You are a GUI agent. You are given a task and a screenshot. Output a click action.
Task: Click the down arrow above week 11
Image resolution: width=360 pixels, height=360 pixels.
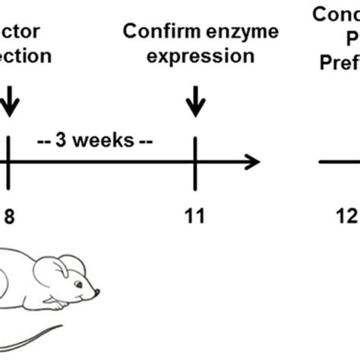[x=195, y=101]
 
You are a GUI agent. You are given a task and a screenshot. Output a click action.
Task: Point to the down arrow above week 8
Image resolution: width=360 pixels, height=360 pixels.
[x=9, y=101]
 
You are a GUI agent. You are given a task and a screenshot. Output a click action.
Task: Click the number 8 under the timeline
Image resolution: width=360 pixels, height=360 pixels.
[x=9, y=216]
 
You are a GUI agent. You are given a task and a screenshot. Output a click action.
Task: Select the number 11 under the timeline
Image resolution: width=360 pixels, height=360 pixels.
[x=195, y=216]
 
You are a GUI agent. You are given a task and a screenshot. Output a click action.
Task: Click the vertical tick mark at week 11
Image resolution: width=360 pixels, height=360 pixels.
[x=195, y=162]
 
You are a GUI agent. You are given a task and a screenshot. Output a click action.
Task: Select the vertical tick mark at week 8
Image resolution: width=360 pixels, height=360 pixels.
[x=8, y=162]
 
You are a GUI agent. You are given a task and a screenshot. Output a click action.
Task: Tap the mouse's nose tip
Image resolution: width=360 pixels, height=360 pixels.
[x=98, y=293]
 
